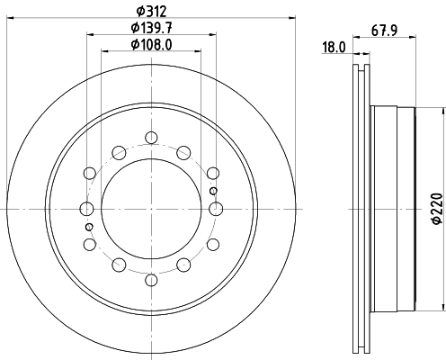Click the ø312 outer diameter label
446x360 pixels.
point(150,12)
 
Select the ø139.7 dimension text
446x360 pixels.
point(150,28)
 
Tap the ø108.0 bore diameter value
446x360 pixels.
point(150,44)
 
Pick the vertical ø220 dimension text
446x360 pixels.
point(436,208)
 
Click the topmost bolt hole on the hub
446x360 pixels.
point(150,138)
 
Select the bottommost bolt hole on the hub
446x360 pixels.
point(150,281)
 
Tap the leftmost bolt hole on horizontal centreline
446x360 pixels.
point(86,209)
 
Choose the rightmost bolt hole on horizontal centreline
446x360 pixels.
point(215,209)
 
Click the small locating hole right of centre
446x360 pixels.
point(212,191)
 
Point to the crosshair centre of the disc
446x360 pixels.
point(150,209)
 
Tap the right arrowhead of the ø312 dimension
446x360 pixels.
point(292,19)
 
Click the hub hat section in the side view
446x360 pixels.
point(393,209)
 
